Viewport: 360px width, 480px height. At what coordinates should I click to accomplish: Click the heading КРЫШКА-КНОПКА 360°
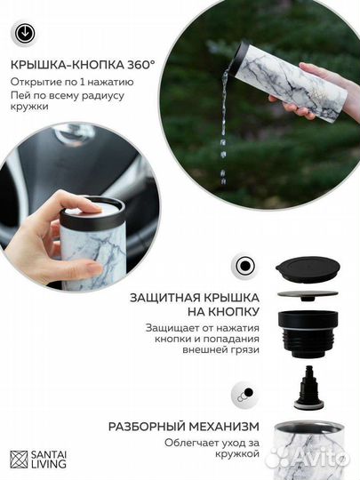(x=83, y=66)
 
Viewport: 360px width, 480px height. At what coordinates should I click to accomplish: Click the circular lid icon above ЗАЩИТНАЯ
(x=245, y=266)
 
